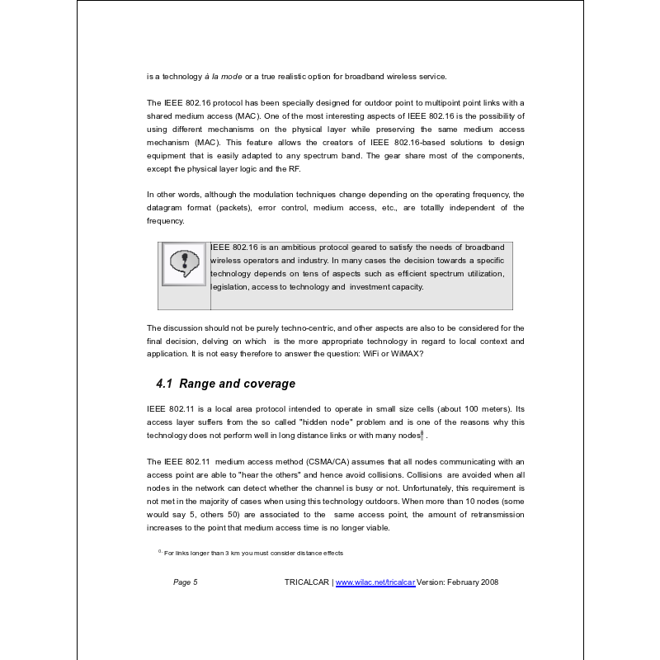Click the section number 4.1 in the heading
(165, 384)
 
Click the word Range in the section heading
(198, 384)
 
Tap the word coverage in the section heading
(266, 384)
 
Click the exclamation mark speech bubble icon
(183, 263)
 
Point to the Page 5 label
(185, 582)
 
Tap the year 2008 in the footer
(488, 582)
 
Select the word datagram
(164, 208)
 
